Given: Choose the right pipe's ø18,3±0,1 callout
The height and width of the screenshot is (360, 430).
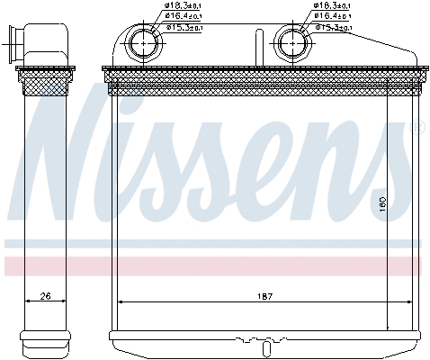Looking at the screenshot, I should pos(332,6).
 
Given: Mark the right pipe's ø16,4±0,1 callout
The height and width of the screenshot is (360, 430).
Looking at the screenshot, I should pos(334,16).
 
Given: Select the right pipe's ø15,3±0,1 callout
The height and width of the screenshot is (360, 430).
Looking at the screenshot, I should pos(334,27).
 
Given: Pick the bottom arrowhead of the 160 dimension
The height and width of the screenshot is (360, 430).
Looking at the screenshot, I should pos(388,320).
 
